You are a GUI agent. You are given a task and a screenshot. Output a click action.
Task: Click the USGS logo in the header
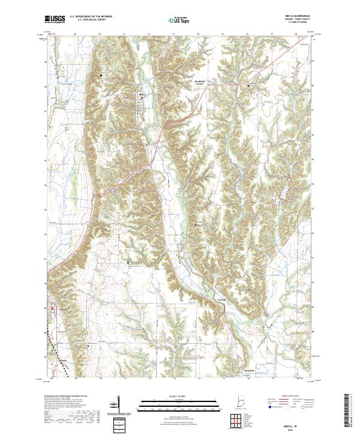pyautogui.click(x=55, y=20)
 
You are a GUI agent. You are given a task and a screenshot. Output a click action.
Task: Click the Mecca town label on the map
pyautogui.click(x=143, y=95)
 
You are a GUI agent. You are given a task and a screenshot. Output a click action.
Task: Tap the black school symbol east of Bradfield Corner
pyautogui.click(x=249, y=86)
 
